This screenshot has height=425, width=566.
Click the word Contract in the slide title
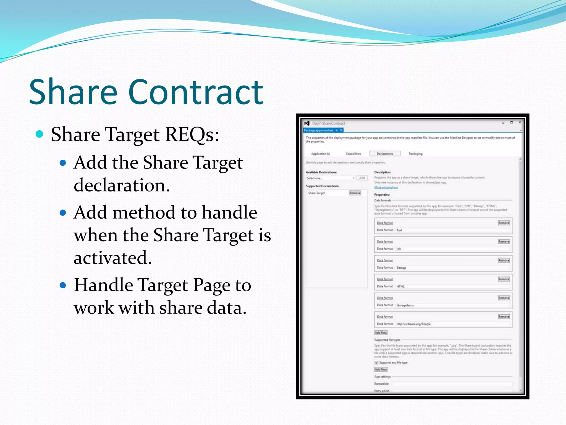pyautogui.click(x=195, y=92)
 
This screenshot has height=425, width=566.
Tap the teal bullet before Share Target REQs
pyautogui.click(x=40, y=134)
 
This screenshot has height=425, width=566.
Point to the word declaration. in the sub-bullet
pyautogui.click(x=122, y=185)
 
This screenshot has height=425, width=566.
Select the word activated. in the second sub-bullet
pyautogui.click(x=112, y=258)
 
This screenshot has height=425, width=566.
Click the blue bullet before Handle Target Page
pyautogui.click(x=63, y=285)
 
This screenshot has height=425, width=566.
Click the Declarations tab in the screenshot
pyautogui.click(x=385, y=154)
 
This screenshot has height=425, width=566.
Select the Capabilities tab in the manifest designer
pyautogui.click(x=353, y=154)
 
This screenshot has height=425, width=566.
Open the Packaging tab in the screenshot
pyautogui.click(x=415, y=154)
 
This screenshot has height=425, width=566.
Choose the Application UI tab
pyautogui.click(x=320, y=154)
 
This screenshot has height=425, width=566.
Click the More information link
pyautogui.click(x=386, y=187)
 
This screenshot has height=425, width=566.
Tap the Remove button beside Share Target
pyautogui.click(x=355, y=193)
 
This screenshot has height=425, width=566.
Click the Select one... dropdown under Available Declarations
pyautogui.click(x=330, y=178)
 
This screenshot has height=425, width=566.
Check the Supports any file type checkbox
pyautogui.click(x=376, y=362)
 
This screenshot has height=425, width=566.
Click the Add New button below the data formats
pyautogui.click(x=381, y=333)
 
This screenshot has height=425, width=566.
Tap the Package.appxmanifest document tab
pyautogui.click(x=318, y=130)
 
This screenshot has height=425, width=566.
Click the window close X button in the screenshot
pyautogui.click(x=520, y=122)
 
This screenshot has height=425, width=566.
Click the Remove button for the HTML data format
pyautogui.click(x=504, y=279)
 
